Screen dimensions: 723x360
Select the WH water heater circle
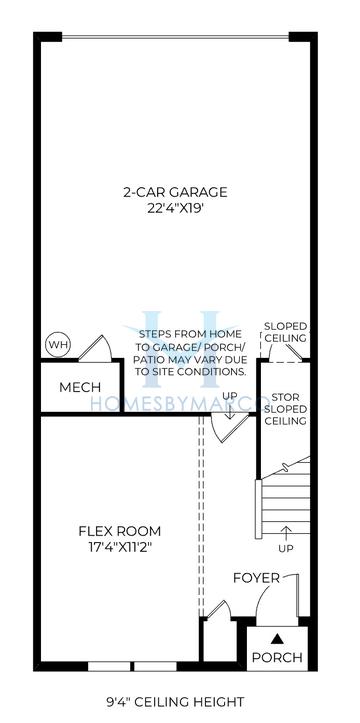click(57, 346)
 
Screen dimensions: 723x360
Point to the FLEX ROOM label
click(119, 531)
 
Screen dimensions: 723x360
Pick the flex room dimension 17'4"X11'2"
click(119, 548)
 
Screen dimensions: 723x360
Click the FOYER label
click(255, 578)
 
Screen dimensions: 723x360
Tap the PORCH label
click(276, 657)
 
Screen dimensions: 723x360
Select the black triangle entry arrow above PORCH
click(276, 637)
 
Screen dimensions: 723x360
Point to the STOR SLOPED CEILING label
click(285, 410)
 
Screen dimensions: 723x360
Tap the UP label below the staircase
click(287, 549)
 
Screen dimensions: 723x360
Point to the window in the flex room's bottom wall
click(132, 666)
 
